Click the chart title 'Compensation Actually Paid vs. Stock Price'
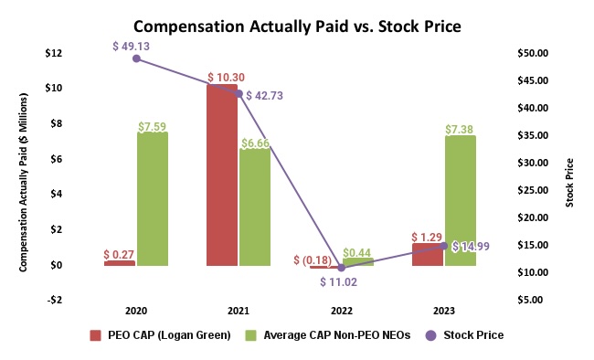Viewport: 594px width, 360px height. pyautogui.click(x=297, y=26)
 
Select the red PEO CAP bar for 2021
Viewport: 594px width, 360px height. pyautogui.click(x=222, y=175)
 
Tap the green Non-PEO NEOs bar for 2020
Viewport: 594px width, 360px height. pyautogui.click(x=153, y=199)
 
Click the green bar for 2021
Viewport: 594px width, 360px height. pyautogui.click(x=255, y=206)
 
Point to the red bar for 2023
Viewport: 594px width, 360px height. pyautogui.click(x=427, y=255)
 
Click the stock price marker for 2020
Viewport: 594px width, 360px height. pyautogui.click(x=136, y=58)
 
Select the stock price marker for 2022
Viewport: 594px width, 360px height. pyautogui.click(x=341, y=268)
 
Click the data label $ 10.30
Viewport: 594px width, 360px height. pyautogui.click(x=225, y=77)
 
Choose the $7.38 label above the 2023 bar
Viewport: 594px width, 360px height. pyautogui.click(x=460, y=128)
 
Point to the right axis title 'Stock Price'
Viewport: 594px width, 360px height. pyautogui.click(x=569, y=182)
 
